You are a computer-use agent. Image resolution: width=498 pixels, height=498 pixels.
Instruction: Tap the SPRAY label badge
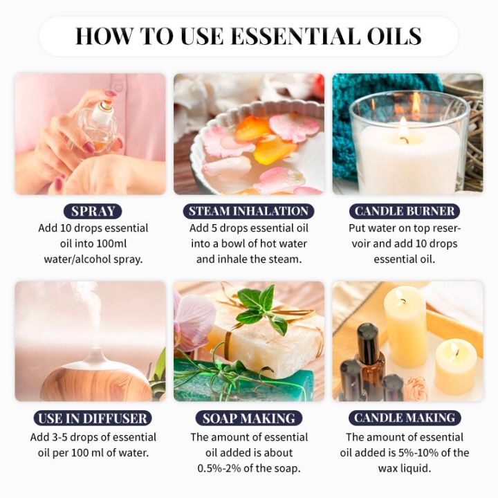click(x=92, y=212)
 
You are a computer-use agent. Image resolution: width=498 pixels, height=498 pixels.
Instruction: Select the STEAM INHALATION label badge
click(x=249, y=212)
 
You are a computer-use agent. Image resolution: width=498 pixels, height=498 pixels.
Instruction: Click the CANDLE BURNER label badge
click(x=405, y=212)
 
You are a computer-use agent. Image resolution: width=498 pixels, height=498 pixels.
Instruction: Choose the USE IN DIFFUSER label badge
click(x=92, y=418)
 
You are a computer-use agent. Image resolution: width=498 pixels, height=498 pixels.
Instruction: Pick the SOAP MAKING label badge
click(x=249, y=418)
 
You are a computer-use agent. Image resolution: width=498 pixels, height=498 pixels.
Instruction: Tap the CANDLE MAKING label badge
click(x=405, y=418)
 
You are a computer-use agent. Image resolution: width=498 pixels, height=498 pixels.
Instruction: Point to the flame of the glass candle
click(x=403, y=128)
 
